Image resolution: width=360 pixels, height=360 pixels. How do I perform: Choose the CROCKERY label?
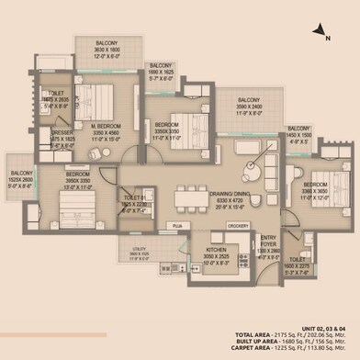click(238, 225)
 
